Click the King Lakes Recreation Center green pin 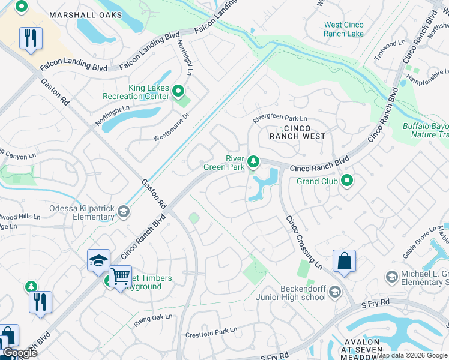178,91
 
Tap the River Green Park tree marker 253,161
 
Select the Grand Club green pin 346,180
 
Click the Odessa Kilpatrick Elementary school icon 123,211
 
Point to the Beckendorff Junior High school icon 334,292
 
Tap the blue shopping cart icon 120,276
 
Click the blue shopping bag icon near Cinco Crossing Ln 344,260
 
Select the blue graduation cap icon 98,260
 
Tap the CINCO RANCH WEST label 297,133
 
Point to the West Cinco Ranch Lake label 344,29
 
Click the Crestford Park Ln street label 211,331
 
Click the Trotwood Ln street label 389,44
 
